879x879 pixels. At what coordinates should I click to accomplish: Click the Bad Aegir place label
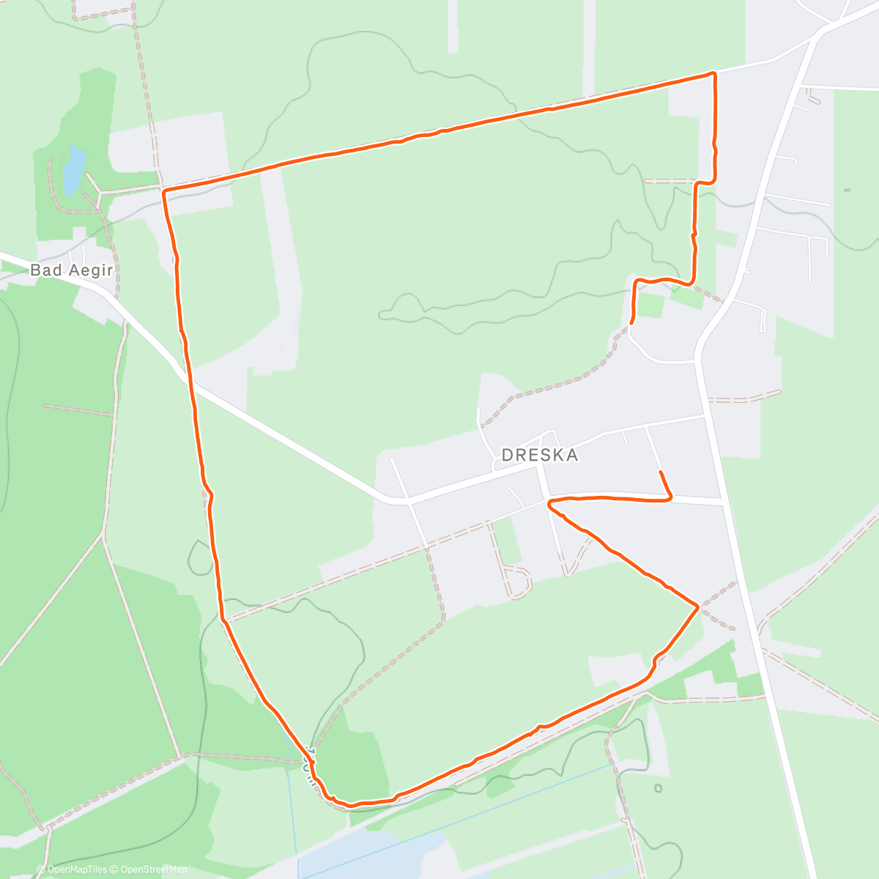click(x=71, y=270)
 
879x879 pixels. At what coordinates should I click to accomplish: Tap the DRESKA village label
click(x=540, y=455)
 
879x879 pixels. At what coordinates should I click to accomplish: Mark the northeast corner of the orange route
click(x=713, y=73)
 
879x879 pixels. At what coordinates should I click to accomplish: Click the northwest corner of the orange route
click(x=163, y=191)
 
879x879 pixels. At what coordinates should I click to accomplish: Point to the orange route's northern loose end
click(x=631, y=322)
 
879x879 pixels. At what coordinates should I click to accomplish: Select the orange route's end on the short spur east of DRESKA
click(x=661, y=472)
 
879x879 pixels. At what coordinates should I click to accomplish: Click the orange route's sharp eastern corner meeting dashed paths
click(x=697, y=606)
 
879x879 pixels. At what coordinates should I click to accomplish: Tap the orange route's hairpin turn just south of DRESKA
click(x=549, y=502)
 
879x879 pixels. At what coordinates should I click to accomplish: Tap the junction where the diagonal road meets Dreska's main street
click(x=407, y=501)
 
